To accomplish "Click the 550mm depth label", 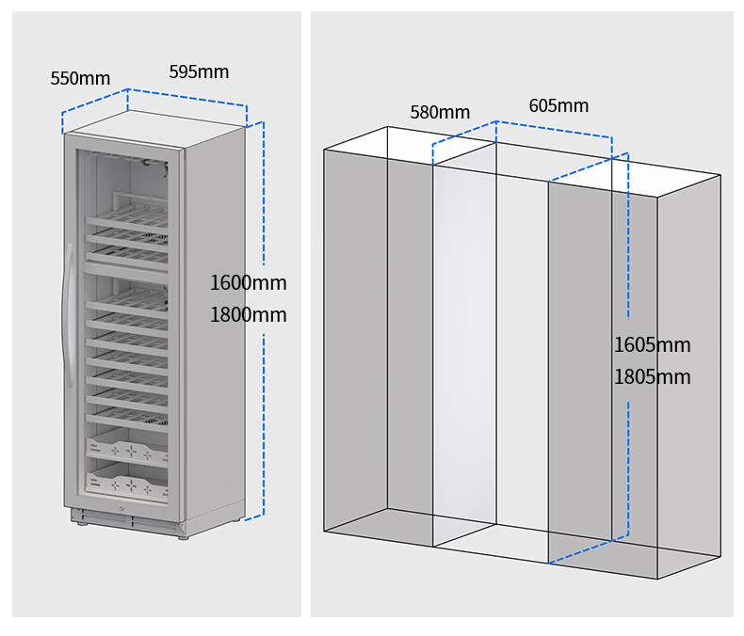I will coord(80,78).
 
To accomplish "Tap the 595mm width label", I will coord(199,72).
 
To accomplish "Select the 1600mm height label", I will coord(248,282).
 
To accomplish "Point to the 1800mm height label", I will coord(248,314).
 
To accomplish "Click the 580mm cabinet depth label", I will coord(440,113).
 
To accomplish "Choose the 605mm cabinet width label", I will coord(558,105).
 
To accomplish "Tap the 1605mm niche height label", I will coord(652,345).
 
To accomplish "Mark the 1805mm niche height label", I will coord(652,377).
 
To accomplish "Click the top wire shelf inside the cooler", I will coord(127,217).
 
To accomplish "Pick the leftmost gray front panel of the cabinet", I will coord(355,339).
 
